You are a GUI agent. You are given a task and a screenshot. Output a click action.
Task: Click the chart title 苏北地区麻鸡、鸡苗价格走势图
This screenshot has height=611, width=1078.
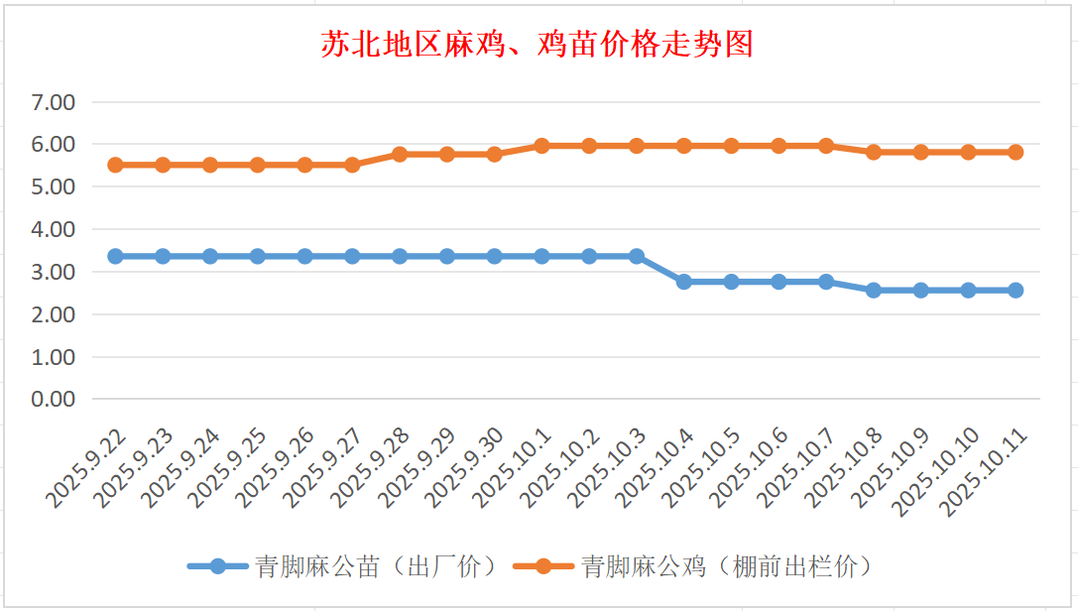coord(537,45)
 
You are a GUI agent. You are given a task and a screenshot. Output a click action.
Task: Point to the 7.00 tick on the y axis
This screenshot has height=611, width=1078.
coord(54,102)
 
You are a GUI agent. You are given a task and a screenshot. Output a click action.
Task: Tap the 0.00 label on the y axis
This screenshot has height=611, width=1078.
coord(54,399)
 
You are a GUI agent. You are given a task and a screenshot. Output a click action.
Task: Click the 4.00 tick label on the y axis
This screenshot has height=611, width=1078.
coord(54,229)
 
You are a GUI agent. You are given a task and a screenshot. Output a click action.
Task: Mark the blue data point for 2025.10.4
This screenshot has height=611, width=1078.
coord(684,282)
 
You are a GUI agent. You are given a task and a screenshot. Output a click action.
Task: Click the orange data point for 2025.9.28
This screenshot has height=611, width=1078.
coord(400,155)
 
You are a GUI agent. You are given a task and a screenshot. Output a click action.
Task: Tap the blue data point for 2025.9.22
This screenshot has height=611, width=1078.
coord(115,256)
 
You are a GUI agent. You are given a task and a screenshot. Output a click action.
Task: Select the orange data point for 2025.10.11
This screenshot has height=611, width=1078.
coord(1016,152)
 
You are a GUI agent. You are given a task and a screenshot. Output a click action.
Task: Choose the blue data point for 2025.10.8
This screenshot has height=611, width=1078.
coord(874,291)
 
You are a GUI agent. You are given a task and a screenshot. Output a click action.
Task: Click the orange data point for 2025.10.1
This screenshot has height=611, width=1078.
coord(541,146)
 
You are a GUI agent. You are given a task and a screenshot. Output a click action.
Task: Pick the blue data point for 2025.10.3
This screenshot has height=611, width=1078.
coord(637,256)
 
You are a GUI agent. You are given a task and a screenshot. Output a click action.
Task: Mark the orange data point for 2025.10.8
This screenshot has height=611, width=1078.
coord(874,152)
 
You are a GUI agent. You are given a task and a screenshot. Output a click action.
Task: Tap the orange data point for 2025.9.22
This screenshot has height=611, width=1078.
coord(115,165)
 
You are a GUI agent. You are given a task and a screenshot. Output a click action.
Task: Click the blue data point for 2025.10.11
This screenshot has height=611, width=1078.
coord(1016,291)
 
